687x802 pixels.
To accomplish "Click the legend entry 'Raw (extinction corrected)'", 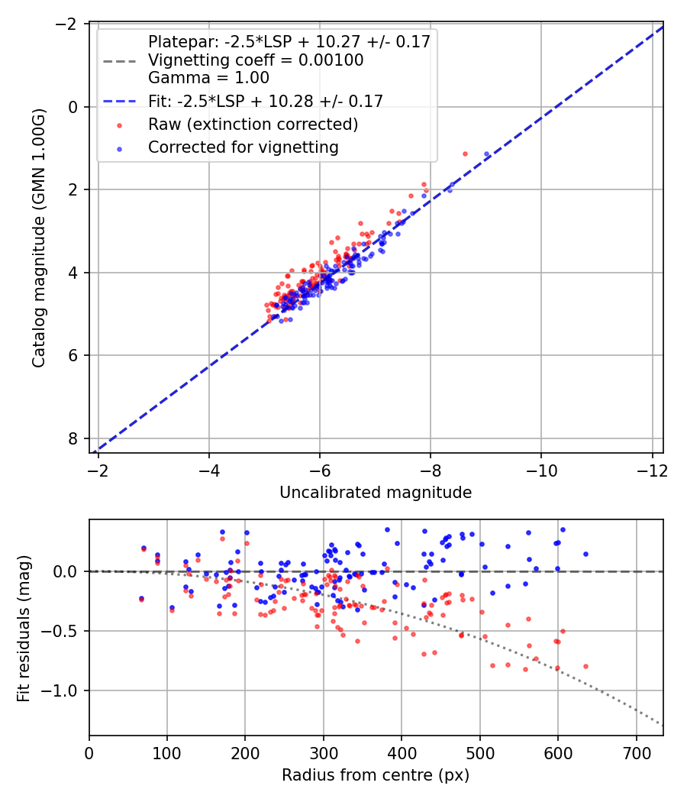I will (x=253, y=124).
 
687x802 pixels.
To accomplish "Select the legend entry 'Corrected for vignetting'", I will (x=243, y=147).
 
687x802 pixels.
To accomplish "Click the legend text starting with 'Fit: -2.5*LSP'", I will (x=265, y=101).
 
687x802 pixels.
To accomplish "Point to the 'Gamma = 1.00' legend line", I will (x=208, y=77).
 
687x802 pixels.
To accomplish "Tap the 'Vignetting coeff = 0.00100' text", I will (x=255, y=60).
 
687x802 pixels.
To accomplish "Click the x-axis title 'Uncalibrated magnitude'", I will (x=376, y=493).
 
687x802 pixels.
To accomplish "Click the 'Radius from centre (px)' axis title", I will (x=376, y=775).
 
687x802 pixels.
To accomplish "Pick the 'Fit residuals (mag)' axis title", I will (x=24, y=627).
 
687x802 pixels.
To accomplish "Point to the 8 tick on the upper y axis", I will (x=73, y=438).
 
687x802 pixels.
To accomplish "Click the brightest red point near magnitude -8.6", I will (x=465, y=154).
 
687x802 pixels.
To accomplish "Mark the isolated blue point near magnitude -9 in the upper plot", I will (x=487, y=154).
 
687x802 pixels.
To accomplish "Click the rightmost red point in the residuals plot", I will (x=585, y=666).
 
